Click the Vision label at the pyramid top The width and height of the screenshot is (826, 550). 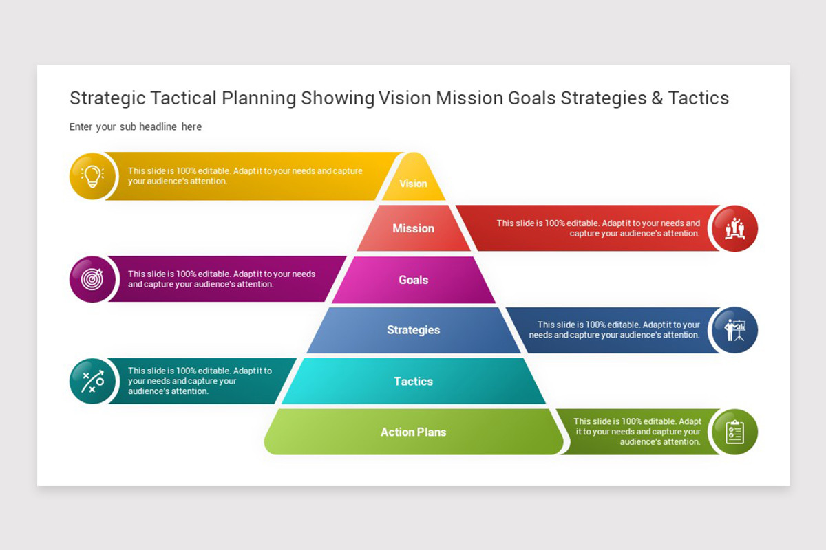pos(413,184)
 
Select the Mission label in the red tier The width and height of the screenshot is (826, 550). pos(413,228)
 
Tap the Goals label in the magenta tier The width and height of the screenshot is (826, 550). pos(413,280)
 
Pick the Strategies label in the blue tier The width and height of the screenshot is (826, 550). pos(413,330)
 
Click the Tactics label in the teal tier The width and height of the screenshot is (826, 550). pos(413,381)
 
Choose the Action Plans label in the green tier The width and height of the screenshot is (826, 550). pos(413,432)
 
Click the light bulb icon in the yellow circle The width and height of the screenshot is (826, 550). pos(92,176)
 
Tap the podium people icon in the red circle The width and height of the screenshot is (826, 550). pos(735,228)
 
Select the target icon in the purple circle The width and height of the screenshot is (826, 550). pos(92,279)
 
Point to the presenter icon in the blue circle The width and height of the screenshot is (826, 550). pos(735,330)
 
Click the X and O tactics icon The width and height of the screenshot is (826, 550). pos(92,381)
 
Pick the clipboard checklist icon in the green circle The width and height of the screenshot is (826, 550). pos(735,432)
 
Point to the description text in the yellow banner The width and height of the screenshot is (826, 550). pos(245,176)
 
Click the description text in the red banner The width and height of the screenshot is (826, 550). pos(598,228)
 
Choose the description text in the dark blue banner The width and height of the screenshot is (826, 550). pos(614,330)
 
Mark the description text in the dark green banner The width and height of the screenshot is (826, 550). pos(637,432)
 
